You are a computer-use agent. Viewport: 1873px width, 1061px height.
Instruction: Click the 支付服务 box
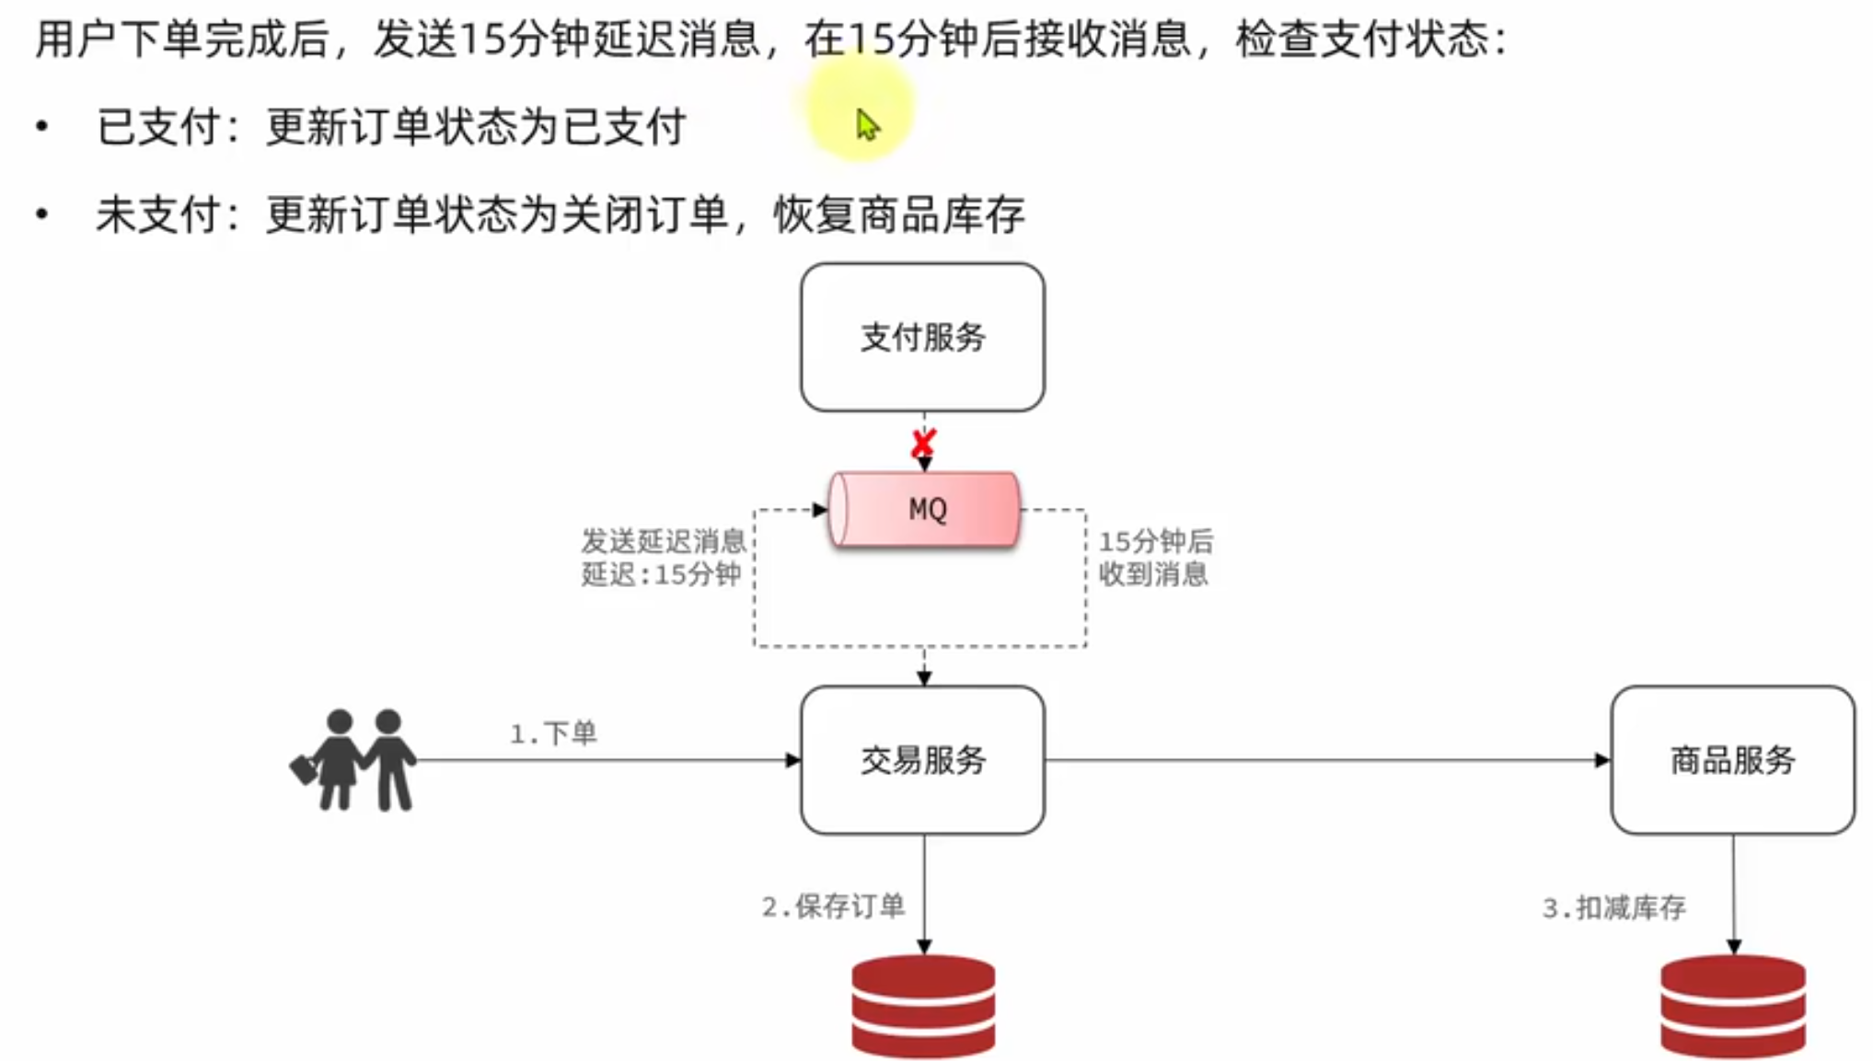pyautogui.click(x=922, y=337)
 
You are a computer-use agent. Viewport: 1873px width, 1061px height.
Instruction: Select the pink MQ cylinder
pyautogui.click(x=925, y=510)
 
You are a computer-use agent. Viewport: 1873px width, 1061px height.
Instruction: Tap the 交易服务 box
pyautogui.click(x=922, y=760)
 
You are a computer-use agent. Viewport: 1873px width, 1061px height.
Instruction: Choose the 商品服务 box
pyautogui.click(x=1732, y=760)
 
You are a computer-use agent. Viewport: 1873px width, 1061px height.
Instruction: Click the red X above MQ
pyautogui.click(x=923, y=444)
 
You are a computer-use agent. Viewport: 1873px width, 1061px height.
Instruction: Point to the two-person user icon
pyautogui.click(x=354, y=760)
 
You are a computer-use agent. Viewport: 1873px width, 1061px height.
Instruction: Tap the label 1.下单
pyautogui.click(x=554, y=733)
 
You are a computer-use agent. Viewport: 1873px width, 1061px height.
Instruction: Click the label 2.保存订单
pyautogui.click(x=833, y=906)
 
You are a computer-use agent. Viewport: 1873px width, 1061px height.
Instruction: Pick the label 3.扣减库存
pyautogui.click(x=1613, y=908)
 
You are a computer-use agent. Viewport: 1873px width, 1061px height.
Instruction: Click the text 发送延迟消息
pyautogui.click(x=663, y=540)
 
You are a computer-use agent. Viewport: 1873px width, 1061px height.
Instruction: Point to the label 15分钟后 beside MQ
pyautogui.click(x=1156, y=541)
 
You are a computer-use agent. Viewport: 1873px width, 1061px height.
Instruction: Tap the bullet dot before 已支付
pyautogui.click(x=42, y=126)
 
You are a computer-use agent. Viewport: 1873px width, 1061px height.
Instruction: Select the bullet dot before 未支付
pyautogui.click(x=42, y=215)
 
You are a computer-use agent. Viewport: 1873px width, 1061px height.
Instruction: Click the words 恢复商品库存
pyautogui.click(x=898, y=215)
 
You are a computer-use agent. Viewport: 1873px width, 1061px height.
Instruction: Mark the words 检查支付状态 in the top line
pyautogui.click(x=1362, y=40)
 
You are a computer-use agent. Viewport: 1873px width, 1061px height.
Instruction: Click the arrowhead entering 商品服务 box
pyautogui.click(x=1602, y=760)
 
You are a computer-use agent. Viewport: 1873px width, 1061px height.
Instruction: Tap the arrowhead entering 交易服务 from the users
pyautogui.click(x=792, y=760)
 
